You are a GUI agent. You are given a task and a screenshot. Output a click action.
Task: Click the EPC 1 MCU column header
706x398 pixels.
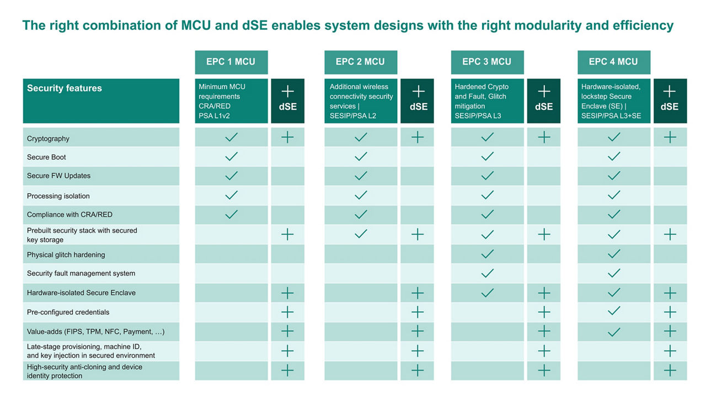[231, 62]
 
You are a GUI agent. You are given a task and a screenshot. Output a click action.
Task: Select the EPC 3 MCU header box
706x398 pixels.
[487, 62]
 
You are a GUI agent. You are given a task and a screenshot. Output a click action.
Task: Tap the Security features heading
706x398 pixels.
[65, 88]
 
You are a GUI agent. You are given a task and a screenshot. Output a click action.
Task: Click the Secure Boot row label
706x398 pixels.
[46, 157]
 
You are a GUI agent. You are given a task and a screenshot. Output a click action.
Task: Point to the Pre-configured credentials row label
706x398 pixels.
[68, 312]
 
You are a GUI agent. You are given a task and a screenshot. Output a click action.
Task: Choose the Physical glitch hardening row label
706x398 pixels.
[66, 254]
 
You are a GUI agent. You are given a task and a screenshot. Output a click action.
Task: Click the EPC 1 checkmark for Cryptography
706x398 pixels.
[231, 137]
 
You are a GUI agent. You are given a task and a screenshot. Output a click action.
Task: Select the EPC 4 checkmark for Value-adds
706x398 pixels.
[613, 332]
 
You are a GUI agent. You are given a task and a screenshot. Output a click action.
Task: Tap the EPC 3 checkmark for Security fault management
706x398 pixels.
[487, 273]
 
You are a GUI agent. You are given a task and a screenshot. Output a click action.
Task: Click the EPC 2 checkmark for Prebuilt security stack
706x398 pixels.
[361, 234]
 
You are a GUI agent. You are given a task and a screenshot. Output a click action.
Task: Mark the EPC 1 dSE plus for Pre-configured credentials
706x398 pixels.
[287, 312]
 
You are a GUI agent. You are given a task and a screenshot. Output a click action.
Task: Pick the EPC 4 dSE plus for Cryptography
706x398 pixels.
[670, 137]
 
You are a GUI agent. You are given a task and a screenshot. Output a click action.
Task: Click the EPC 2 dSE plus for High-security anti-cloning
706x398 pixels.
[418, 370]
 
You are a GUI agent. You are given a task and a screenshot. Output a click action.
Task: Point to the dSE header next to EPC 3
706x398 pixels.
[544, 100]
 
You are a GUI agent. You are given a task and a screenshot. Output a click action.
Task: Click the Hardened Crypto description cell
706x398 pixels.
[487, 100]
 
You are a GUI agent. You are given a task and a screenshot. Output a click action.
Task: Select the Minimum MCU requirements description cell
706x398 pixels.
[231, 100]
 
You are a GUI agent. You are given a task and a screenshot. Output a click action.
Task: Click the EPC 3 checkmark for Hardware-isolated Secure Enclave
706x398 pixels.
[487, 293]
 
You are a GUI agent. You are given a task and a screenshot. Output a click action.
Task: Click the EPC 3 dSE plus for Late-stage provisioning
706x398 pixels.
[544, 351]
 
